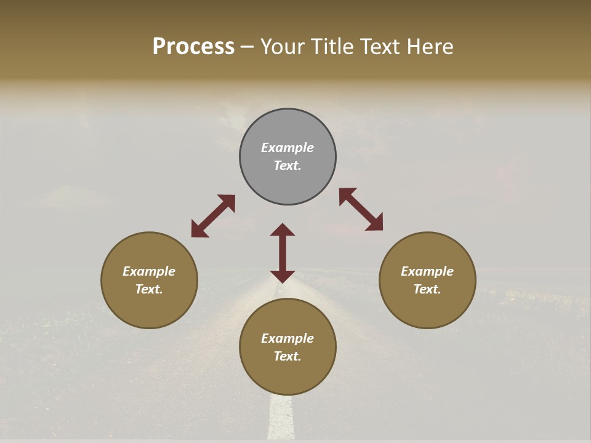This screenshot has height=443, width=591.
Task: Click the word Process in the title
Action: (x=193, y=47)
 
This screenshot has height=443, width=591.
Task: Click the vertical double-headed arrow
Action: (x=283, y=253)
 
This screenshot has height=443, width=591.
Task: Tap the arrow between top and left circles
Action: (x=213, y=216)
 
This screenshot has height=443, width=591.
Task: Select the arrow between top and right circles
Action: (x=361, y=209)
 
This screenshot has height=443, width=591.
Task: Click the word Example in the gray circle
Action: (x=287, y=148)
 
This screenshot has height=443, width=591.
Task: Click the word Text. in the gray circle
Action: (x=287, y=166)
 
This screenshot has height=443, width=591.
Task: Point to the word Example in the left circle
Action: (x=149, y=271)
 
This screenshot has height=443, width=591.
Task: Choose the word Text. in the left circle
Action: (x=149, y=289)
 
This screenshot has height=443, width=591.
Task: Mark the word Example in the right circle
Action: (x=427, y=271)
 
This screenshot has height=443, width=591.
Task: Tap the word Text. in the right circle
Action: (x=427, y=289)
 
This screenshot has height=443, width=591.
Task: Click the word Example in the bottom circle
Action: (x=287, y=338)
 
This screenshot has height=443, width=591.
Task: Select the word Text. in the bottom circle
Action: (x=287, y=356)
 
